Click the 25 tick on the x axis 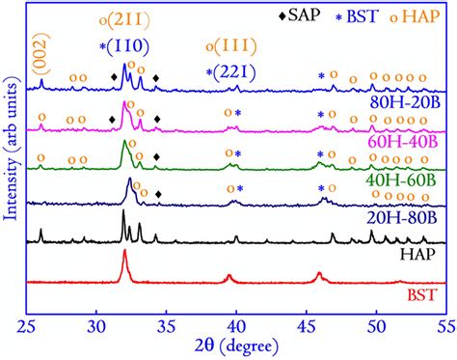click(26, 323)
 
